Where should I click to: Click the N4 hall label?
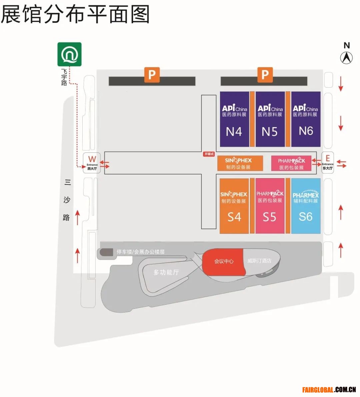234,131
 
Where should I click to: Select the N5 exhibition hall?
270,131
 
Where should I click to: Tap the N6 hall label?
306,131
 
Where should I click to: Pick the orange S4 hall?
234,217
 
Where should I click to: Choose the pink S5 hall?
270,217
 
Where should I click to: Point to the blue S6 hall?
306,217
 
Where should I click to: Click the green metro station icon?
69,54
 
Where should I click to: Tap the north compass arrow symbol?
346,58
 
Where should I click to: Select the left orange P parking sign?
152,75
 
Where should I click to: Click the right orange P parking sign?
265,75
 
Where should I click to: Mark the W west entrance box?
92,162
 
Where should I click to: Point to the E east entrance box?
327,162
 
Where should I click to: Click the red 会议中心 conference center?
224,261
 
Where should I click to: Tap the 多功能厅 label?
166,272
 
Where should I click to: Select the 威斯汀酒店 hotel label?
259,261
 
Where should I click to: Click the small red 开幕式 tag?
209,154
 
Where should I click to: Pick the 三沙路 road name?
67,200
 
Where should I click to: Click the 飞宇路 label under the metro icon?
64,77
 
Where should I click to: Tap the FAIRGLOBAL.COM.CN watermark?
329,389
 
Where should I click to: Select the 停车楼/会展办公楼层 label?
140,252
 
